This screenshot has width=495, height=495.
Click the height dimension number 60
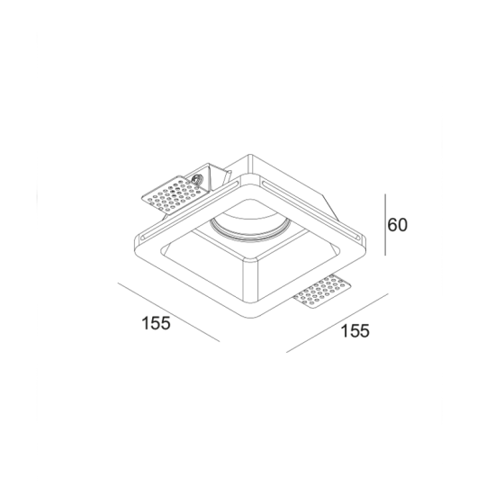click(x=398, y=224)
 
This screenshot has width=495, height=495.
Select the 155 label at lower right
click(x=355, y=330)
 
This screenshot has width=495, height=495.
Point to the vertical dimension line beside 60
click(x=386, y=224)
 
